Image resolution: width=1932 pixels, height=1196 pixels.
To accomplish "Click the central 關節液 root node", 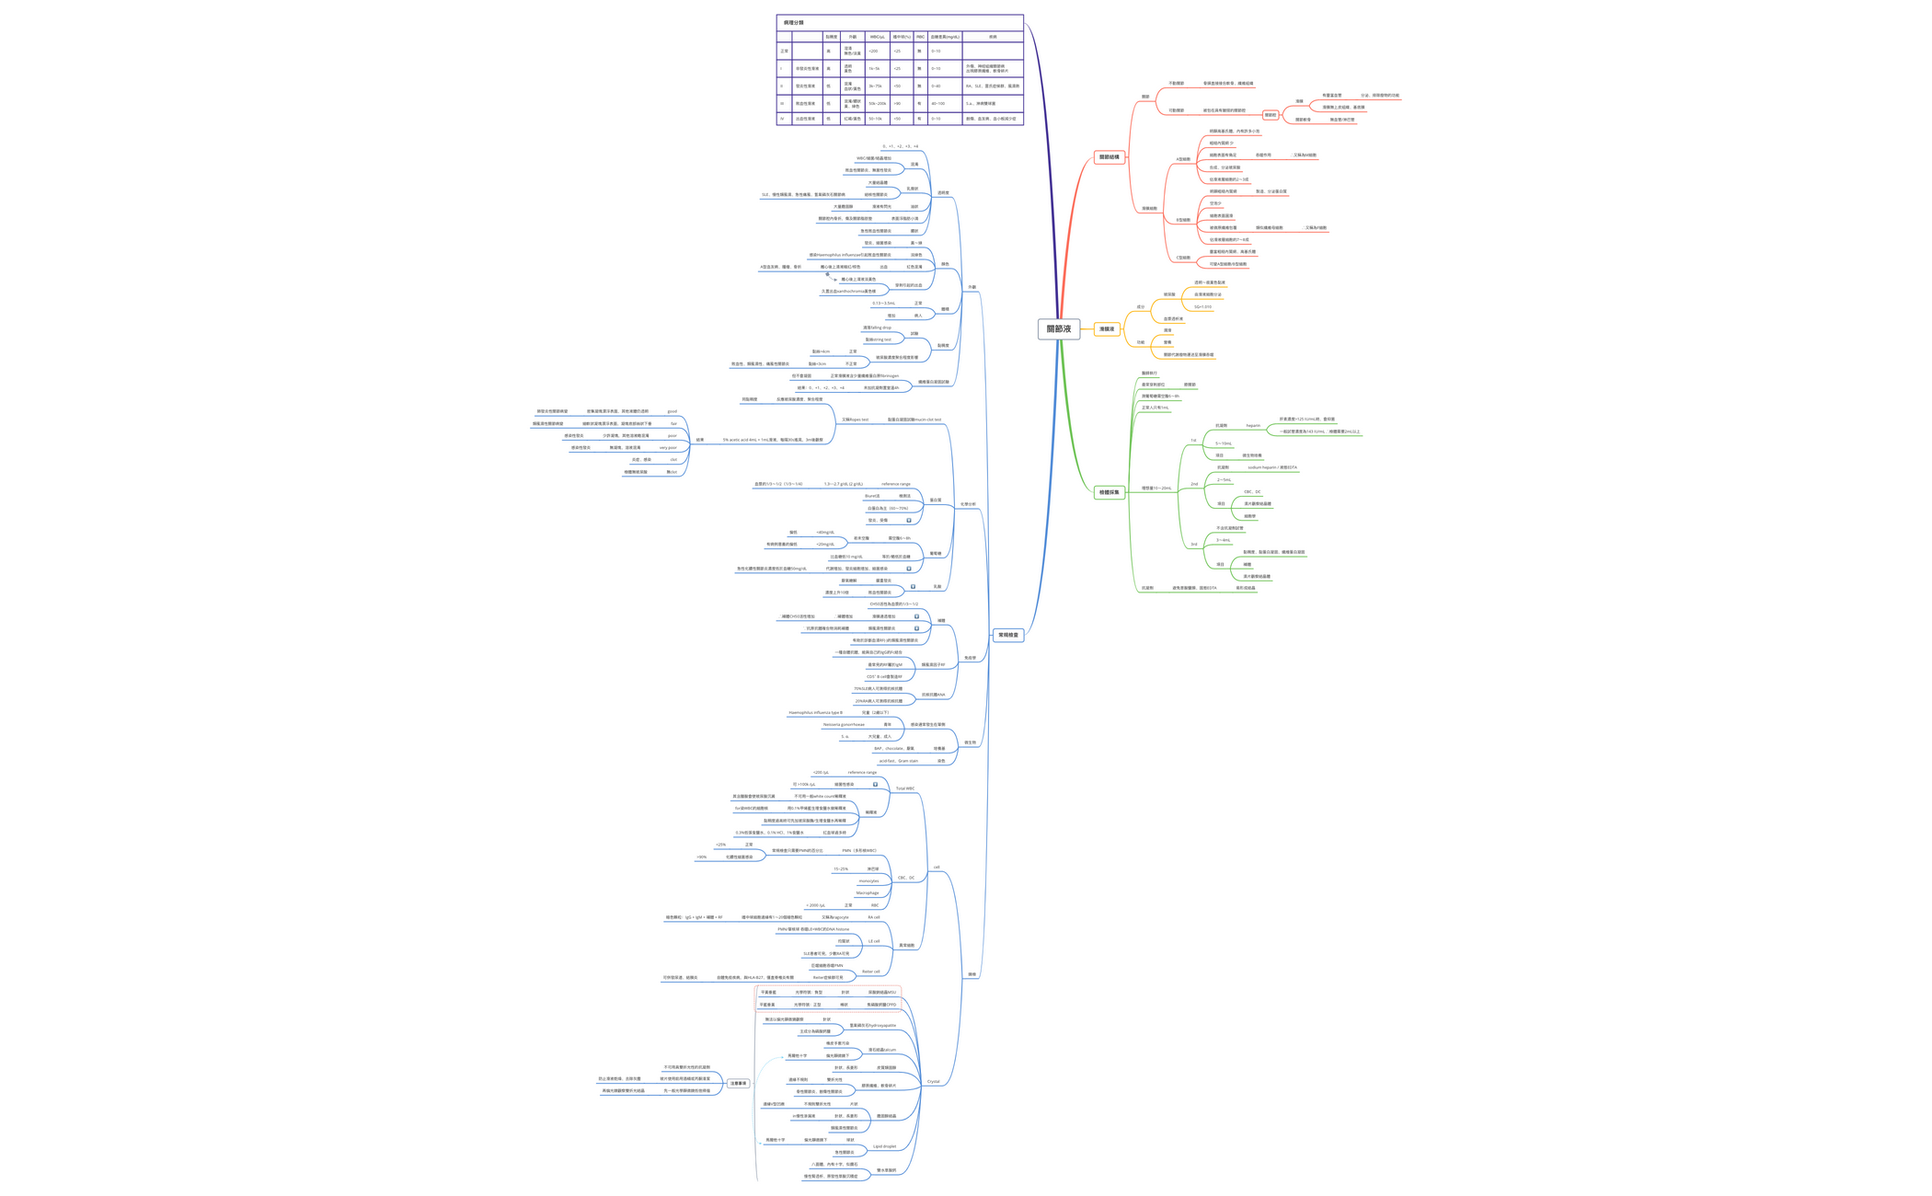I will click(x=1058, y=328).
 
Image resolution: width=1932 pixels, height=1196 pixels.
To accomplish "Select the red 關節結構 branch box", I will click(x=1109, y=157).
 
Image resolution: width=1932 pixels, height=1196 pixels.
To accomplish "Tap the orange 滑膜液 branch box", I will click(x=1107, y=328).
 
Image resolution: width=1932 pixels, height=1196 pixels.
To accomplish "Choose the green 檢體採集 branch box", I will click(x=1109, y=492).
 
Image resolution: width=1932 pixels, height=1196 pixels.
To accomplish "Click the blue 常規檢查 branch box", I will click(x=1008, y=635).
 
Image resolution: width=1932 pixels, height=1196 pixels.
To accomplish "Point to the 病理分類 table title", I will click(x=793, y=22).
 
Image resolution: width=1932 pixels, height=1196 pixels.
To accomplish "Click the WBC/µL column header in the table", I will click(x=877, y=37).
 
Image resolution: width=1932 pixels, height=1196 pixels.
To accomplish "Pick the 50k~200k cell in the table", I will click(x=877, y=104).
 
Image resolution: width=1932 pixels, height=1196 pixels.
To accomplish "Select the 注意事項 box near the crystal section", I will click(x=738, y=1084).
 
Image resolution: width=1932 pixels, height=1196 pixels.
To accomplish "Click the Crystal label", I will click(x=933, y=1082).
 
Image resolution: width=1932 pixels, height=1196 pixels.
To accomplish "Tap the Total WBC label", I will click(x=904, y=788).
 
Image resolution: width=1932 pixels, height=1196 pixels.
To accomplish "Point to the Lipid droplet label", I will click(x=884, y=1146).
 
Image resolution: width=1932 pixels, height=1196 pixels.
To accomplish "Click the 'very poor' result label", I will click(x=667, y=448).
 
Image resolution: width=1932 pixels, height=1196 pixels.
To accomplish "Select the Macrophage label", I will click(x=867, y=892).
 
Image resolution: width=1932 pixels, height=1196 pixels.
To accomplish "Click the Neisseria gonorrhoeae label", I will click(x=844, y=724).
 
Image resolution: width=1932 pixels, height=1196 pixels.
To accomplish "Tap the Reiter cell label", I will click(x=870, y=972).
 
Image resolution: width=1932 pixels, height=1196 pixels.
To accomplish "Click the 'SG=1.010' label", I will click(x=1202, y=307).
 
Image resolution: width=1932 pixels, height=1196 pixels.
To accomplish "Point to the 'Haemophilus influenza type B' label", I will click(x=815, y=712).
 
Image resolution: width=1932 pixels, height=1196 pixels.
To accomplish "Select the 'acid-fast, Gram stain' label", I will click(x=898, y=761).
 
